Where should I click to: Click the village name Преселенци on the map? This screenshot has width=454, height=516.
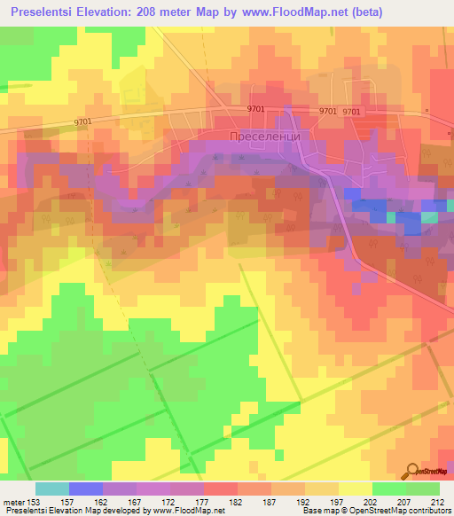click(x=260, y=137)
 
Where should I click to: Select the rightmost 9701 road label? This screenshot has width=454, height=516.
click(x=352, y=112)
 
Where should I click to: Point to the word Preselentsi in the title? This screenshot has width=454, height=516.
click(x=45, y=12)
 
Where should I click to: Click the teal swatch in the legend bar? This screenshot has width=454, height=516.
click(x=52, y=489)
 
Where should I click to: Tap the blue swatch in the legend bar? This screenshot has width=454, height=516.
click(x=86, y=489)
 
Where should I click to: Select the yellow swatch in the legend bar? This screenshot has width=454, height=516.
click(x=356, y=489)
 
